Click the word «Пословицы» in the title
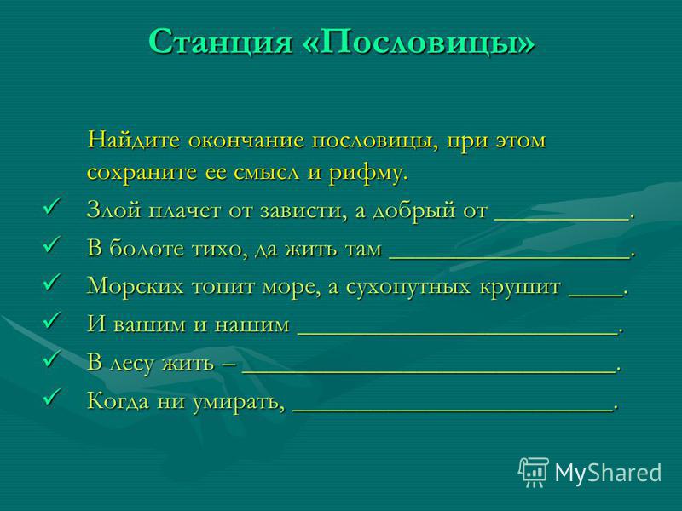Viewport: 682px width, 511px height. (418, 43)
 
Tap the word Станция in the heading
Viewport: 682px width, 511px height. (220, 42)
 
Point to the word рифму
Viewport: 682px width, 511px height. (368, 174)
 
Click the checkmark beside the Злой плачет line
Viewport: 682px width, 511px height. (52, 205)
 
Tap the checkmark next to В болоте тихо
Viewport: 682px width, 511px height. (52, 244)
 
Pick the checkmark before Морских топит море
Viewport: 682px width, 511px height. (52, 282)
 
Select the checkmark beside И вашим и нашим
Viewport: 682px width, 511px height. (52, 320)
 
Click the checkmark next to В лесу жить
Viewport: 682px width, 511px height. (52, 358)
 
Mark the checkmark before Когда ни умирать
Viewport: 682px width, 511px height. (52, 396)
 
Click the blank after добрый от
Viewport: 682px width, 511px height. (562, 221)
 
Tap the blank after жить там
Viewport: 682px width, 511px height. (509, 258)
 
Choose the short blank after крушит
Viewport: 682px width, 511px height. (596, 296)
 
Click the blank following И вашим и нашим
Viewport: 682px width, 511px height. (458, 334)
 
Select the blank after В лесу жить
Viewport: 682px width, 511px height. (429, 372)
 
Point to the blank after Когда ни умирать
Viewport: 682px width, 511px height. (453, 411)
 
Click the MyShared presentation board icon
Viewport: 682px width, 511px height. (534, 472)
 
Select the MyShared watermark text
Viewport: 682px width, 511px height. (608, 473)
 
